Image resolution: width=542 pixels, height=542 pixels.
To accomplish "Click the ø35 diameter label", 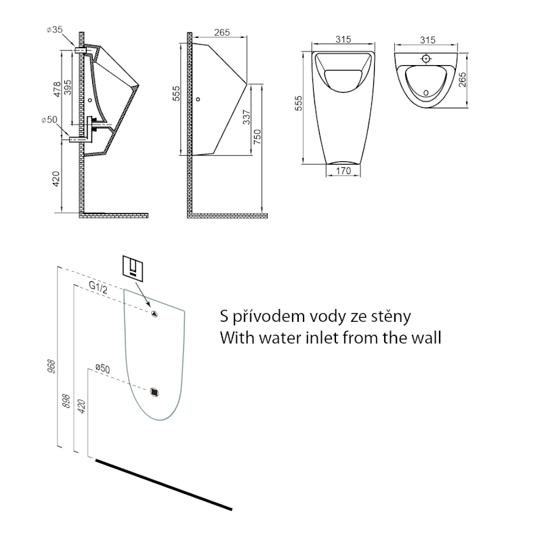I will point(55,29).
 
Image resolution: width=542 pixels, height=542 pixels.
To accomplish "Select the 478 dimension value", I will point(57,89).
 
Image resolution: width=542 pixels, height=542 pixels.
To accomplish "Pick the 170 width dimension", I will point(343,171).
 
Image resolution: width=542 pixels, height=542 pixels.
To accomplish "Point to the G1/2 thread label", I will point(99,286).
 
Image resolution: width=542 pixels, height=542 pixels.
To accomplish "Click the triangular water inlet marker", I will point(154,313).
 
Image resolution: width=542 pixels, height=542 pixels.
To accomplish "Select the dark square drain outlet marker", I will point(156,392).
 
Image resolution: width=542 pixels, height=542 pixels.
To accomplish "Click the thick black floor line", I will point(165,484).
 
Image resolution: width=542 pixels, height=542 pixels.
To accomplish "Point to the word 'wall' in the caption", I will point(424,337).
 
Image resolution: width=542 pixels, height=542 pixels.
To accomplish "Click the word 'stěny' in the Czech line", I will point(388,316).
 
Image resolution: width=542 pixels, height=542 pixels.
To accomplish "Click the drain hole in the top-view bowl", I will point(425,91).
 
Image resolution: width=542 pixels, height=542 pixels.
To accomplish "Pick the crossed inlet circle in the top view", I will point(426,58).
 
